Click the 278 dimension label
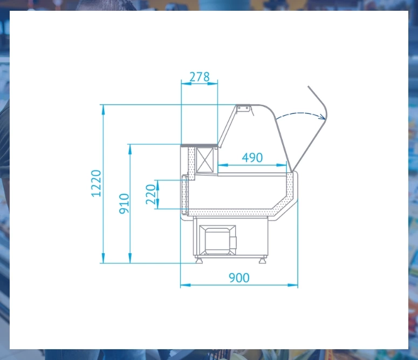click(x=200, y=77)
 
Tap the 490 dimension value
click(x=252, y=158)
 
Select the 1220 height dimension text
click(x=96, y=184)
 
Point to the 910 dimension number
click(x=124, y=203)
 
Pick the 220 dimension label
click(x=150, y=194)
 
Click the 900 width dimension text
click(x=239, y=278)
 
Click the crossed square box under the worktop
click(x=205, y=160)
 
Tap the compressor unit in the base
click(x=218, y=240)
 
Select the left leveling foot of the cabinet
click(x=199, y=260)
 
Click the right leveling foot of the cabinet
click(x=263, y=260)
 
